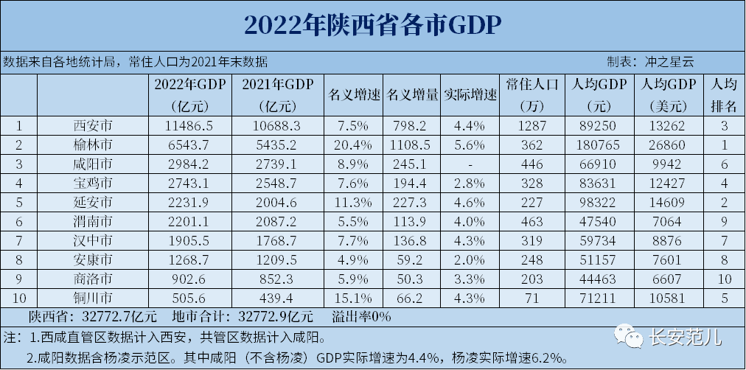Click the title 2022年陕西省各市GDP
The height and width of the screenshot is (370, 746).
click(x=372, y=24)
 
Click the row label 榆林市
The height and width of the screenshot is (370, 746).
click(x=94, y=144)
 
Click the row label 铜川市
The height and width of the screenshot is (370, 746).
click(x=94, y=298)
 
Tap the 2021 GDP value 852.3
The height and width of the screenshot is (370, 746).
click(x=276, y=279)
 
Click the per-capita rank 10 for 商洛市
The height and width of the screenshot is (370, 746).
click(x=725, y=279)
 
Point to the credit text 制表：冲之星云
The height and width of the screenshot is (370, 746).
click(x=651, y=62)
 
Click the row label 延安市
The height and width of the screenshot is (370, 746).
click(x=94, y=201)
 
